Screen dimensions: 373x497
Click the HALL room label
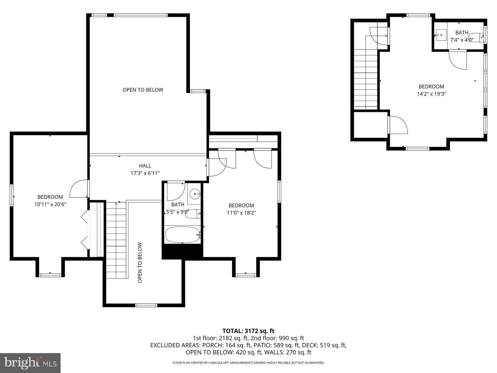(145, 166)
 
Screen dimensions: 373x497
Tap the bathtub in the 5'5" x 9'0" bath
(182, 235)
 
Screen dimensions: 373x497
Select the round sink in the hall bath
(195, 195)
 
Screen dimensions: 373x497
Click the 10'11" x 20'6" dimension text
(50, 204)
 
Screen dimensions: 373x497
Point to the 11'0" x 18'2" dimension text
(241, 213)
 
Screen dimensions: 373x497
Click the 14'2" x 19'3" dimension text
(431, 94)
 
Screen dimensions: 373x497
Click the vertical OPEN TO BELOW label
(140, 263)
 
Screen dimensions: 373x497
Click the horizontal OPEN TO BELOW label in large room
(143, 90)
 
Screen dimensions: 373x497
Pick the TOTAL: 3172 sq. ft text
(248, 331)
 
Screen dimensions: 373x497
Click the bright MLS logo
(30, 362)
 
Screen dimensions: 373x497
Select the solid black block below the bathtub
(182, 251)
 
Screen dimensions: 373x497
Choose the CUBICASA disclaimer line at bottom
(248, 363)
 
